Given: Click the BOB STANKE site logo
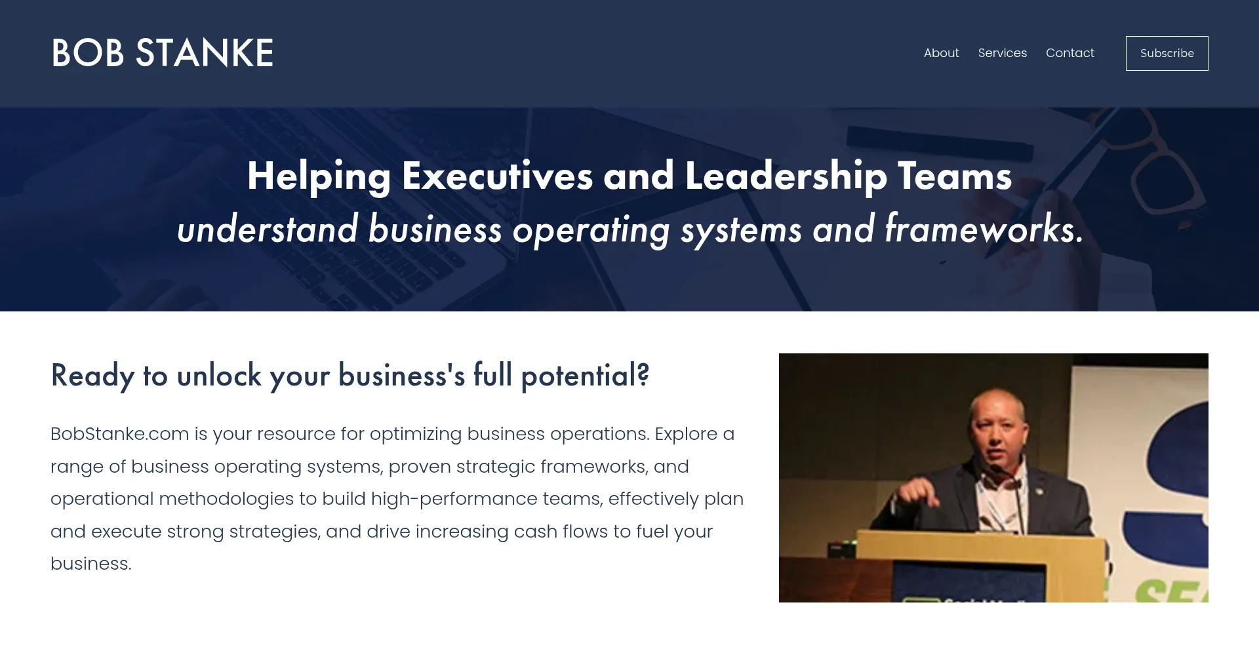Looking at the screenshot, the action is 162,53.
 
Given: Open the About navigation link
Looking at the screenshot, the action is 941,53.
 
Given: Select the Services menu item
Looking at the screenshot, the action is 1002,53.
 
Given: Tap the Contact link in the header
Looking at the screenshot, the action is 1069,53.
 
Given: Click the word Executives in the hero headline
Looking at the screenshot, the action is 497,176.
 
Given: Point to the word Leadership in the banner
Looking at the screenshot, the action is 786,177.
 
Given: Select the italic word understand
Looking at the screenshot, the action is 268,229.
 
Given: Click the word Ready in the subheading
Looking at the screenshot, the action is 92,376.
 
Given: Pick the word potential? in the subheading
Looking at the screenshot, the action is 585,376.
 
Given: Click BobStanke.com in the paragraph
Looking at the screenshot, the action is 119,434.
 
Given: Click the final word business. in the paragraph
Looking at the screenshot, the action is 91,564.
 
